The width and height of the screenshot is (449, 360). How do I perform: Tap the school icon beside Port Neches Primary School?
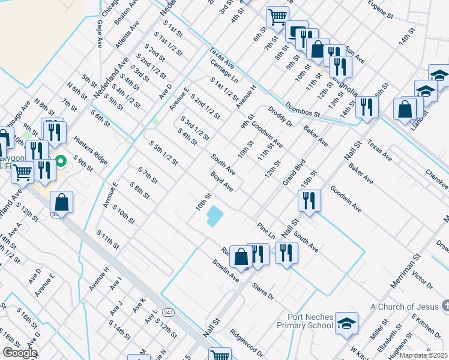[346, 324]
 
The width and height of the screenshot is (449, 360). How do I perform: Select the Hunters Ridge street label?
[91, 150]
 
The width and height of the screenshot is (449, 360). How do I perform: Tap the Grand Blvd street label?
[295, 173]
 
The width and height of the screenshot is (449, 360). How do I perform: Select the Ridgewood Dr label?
[246, 343]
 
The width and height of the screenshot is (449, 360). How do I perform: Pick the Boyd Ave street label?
[221, 181]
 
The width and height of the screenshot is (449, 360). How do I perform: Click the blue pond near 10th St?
[213, 216]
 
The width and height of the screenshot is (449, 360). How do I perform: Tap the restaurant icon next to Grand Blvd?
[309, 202]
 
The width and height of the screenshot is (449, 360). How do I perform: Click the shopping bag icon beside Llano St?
[405, 110]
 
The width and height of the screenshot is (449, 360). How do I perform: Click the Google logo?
[19, 353]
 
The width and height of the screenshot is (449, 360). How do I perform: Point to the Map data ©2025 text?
[423, 355]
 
